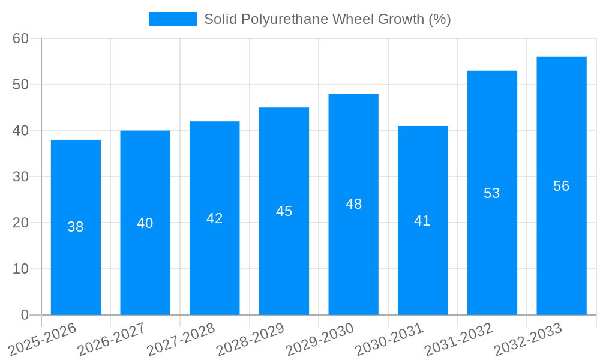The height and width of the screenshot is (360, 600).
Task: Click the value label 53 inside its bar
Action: click(x=491, y=193)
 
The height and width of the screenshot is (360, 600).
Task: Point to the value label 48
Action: click(x=353, y=204)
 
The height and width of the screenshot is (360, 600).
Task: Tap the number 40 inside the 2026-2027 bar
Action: click(x=145, y=223)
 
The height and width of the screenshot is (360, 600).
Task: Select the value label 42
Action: click(x=214, y=218)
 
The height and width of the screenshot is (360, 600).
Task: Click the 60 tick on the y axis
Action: click(x=20, y=38)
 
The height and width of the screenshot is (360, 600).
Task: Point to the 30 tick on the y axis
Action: click(x=20, y=176)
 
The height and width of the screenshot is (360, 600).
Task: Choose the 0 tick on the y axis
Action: click(x=25, y=315)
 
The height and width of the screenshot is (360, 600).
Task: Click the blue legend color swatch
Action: click(x=172, y=19)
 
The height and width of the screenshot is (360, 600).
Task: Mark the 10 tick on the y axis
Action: click(x=20, y=269)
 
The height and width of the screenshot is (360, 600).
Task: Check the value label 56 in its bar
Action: click(x=561, y=186)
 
